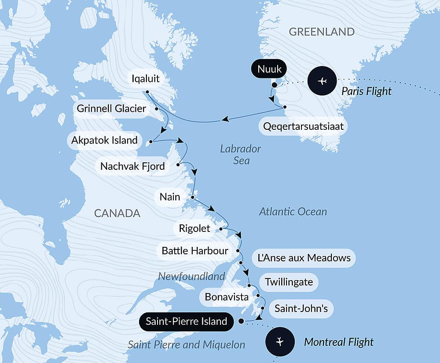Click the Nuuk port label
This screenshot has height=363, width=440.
(269, 69)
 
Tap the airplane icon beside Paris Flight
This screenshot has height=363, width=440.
(323, 81)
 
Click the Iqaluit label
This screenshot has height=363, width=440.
(145, 79)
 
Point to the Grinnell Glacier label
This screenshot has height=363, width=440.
(111, 108)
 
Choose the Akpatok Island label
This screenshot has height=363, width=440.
(104, 141)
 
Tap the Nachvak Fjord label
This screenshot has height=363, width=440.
(132, 166)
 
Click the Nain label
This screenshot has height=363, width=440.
(170, 196)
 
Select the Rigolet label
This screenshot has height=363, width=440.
(194, 228)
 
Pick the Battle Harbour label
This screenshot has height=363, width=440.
(195, 251)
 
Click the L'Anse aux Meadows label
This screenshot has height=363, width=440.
(304, 257)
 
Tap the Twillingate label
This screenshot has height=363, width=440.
(289, 282)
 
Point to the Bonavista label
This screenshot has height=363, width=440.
(227, 297)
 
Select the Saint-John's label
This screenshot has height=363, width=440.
(301, 308)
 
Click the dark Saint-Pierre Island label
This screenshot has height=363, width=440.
(186, 321)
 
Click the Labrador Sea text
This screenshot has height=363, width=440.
(241, 154)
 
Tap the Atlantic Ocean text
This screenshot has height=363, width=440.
(293, 212)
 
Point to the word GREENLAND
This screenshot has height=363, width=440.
(322, 31)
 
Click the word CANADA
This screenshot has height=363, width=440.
(117, 213)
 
